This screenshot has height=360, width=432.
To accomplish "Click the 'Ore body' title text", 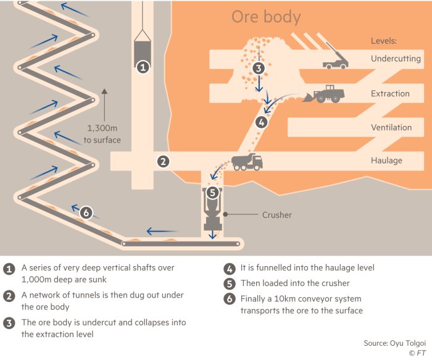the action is [266, 17].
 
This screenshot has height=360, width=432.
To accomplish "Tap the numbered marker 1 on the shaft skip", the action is [143, 67].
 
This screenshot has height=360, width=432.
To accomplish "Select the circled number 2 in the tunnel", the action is [163, 162].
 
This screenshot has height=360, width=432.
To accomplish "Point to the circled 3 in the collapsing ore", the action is [259, 68].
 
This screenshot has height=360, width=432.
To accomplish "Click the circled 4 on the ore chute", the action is [262, 122].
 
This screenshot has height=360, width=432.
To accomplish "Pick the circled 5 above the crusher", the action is [212, 193].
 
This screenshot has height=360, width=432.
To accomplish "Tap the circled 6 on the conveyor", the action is [86, 212].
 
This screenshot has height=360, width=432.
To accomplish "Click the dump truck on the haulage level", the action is [247, 162].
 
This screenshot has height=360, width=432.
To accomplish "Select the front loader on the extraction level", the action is [323, 94].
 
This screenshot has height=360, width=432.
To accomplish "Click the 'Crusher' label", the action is [277, 215].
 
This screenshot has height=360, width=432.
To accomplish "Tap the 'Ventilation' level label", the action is [391, 127].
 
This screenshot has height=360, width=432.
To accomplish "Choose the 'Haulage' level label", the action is [386, 161].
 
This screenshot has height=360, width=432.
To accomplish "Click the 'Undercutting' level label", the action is [396, 59].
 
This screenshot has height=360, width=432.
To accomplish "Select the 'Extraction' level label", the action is [390, 93].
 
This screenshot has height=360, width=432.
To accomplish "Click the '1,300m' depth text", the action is [102, 128].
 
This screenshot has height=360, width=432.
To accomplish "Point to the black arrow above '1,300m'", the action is [104, 105].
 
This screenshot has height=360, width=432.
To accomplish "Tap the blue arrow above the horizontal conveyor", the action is [162, 231].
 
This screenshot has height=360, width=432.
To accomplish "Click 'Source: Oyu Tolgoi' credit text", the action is [395, 343].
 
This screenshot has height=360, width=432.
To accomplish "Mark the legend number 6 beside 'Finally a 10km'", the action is [230, 299].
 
